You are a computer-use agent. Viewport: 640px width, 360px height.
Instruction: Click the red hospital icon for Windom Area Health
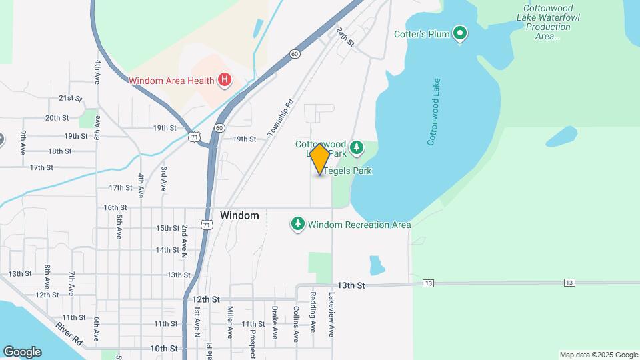[225, 81]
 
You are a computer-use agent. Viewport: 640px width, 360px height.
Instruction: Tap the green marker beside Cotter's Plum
[459, 33]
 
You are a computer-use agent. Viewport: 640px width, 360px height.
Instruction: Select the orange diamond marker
[319, 159]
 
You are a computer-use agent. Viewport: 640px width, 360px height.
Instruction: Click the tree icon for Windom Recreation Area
[298, 224]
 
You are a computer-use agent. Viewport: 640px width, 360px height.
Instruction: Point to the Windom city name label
[239, 215]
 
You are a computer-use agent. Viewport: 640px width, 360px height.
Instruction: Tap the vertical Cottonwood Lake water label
[434, 111]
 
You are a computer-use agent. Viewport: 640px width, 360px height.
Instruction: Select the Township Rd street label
[281, 118]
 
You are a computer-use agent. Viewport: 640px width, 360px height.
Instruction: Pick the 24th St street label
[345, 37]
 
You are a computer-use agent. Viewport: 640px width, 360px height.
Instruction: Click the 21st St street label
[70, 98]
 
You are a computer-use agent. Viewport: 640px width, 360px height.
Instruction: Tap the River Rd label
[69, 333]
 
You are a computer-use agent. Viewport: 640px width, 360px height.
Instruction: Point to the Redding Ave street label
[312, 311]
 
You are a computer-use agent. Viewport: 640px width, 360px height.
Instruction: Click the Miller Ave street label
[230, 323]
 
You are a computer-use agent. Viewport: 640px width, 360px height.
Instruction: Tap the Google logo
[22, 351]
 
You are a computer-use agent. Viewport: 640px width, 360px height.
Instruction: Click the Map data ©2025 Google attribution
[599, 355]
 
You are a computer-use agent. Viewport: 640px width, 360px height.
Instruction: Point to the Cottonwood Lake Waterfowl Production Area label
[548, 22]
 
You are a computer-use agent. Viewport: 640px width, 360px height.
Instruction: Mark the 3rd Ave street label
[163, 178]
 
